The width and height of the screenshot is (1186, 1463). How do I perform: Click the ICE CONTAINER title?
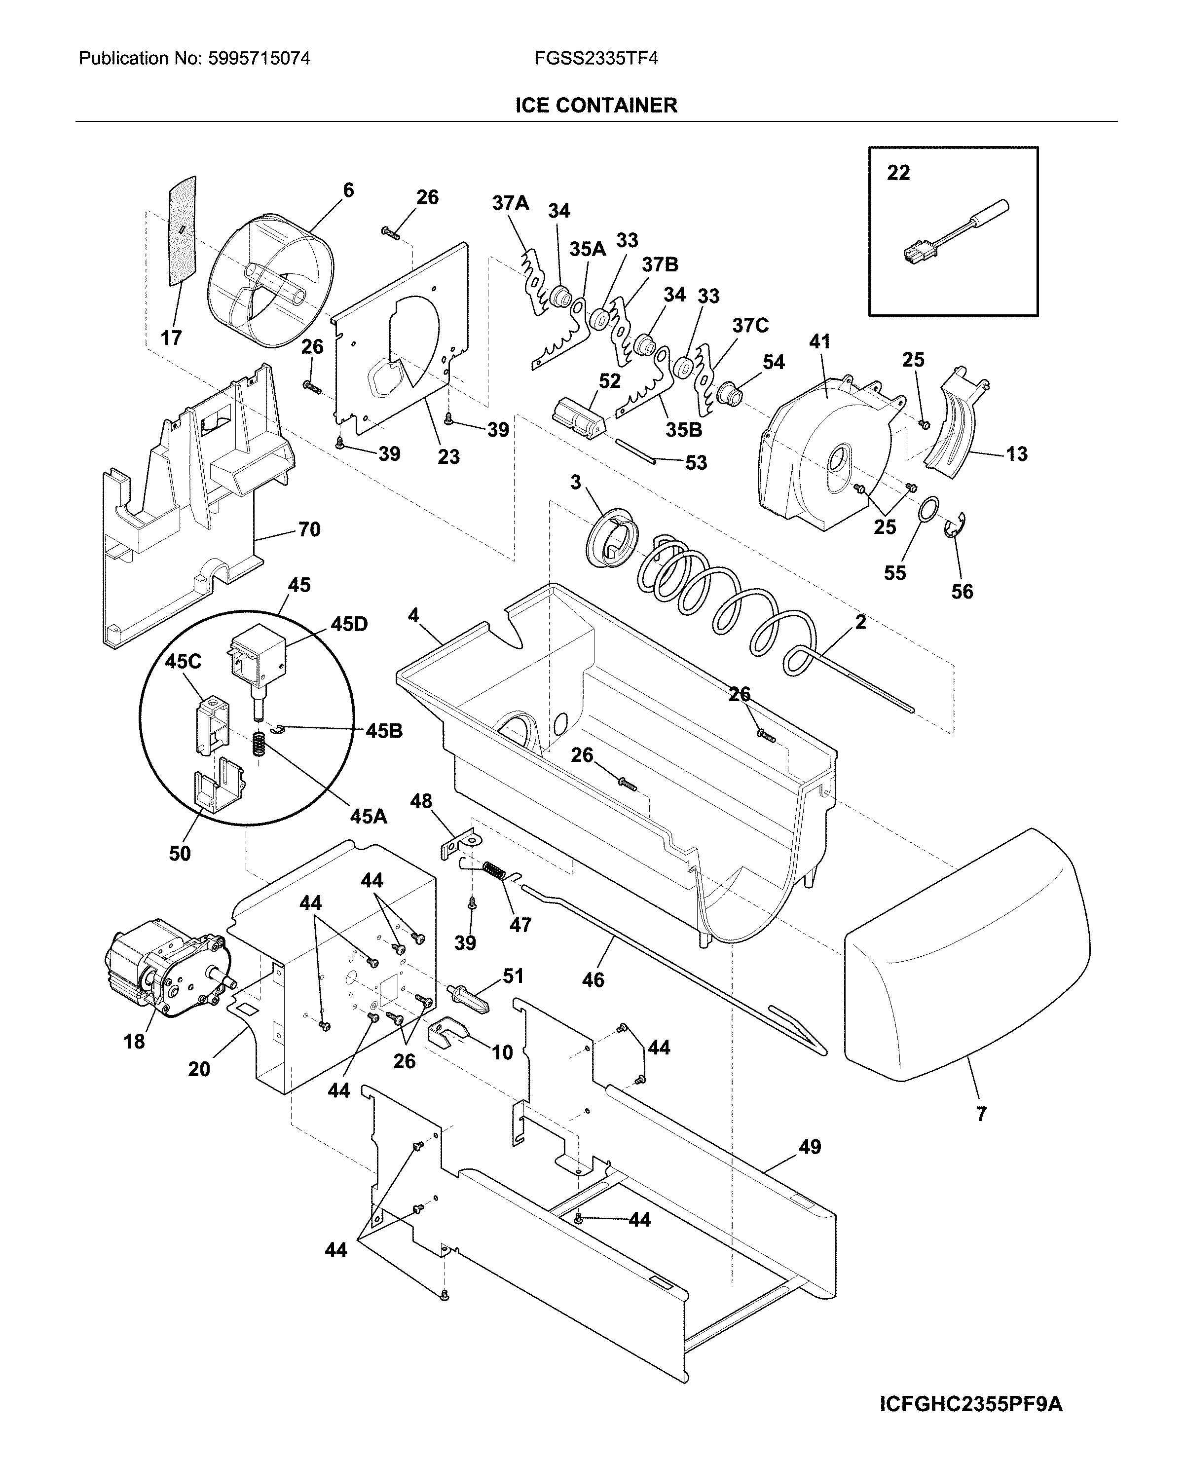tap(596, 105)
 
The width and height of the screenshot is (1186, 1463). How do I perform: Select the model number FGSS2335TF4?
tap(596, 59)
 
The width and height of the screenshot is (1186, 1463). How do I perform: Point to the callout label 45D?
tap(349, 624)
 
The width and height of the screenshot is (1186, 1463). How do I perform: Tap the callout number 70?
tap(309, 529)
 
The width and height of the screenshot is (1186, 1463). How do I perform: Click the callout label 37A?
tap(510, 203)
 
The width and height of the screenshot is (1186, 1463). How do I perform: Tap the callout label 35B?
tap(684, 430)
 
